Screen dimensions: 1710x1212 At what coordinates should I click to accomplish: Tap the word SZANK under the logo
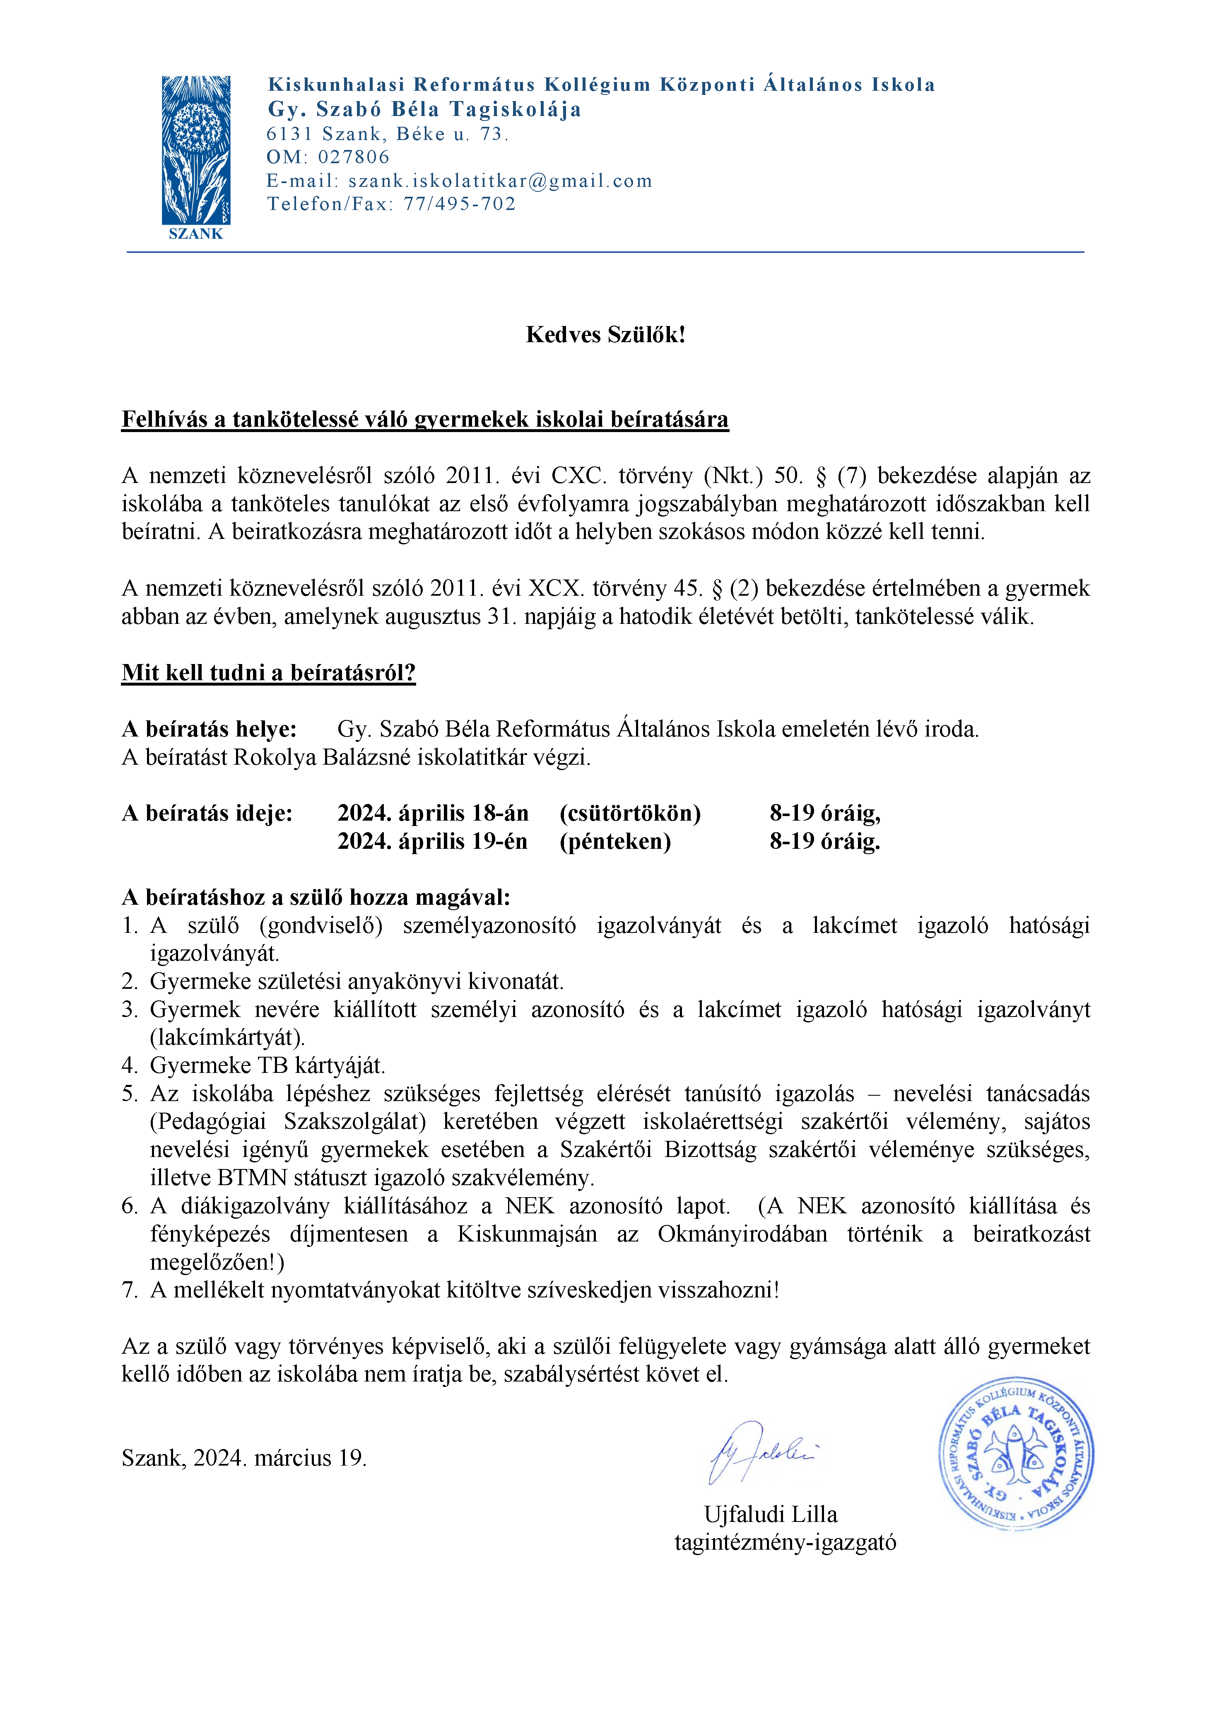[195, 234]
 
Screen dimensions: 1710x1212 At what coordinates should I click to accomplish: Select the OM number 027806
[354, 157]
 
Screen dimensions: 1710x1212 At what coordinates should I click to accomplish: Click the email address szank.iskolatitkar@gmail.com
[500, 181]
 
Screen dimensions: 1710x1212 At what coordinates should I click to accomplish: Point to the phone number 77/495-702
[460, 205]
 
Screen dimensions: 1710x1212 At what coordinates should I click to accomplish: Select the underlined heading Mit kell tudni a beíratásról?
[269, 672]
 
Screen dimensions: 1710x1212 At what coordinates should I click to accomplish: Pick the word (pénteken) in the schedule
[615, 841]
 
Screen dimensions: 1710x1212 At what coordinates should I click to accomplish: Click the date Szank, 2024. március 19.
[244, 1459]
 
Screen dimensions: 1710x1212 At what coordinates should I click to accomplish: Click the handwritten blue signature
[761, 1452]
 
